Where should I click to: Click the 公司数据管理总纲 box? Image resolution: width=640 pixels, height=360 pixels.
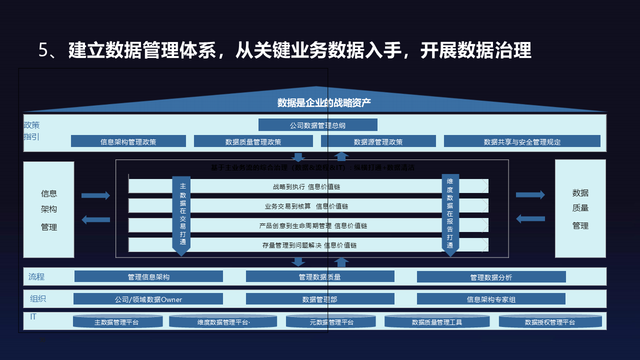(317, 125)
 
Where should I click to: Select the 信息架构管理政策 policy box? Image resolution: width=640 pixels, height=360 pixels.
(128, 141)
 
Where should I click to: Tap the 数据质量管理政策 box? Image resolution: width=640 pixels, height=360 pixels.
(253, 141)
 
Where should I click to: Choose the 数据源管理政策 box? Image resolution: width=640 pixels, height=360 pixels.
(377, 141)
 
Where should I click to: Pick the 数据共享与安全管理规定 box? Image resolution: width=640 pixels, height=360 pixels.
(522, 141)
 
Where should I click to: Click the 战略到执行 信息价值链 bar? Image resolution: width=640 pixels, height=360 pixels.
(307, 186)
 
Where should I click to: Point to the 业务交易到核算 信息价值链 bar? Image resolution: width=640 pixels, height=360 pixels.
(307, 206)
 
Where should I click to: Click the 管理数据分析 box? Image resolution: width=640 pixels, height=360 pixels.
(491, 277)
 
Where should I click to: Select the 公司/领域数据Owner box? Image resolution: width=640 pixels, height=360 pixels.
(148, 299)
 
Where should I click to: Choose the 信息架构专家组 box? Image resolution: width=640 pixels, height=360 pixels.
(491, 299)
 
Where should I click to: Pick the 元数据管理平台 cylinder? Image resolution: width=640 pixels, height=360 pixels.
(331, 321)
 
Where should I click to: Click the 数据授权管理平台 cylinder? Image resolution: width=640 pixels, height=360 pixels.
(549, 321)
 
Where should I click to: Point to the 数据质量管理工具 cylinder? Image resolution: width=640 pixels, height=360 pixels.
(436, 321)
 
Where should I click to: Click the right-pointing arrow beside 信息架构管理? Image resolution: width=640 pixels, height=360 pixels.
(95, 195)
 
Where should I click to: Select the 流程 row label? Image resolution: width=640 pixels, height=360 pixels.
(36, 276)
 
